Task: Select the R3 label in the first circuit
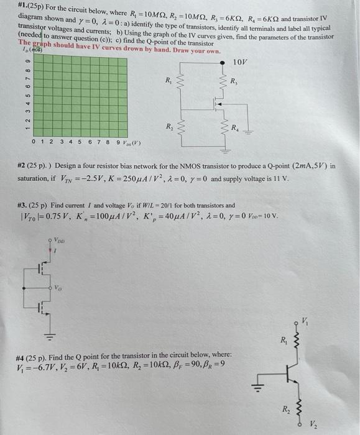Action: (x=234, y=81)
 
